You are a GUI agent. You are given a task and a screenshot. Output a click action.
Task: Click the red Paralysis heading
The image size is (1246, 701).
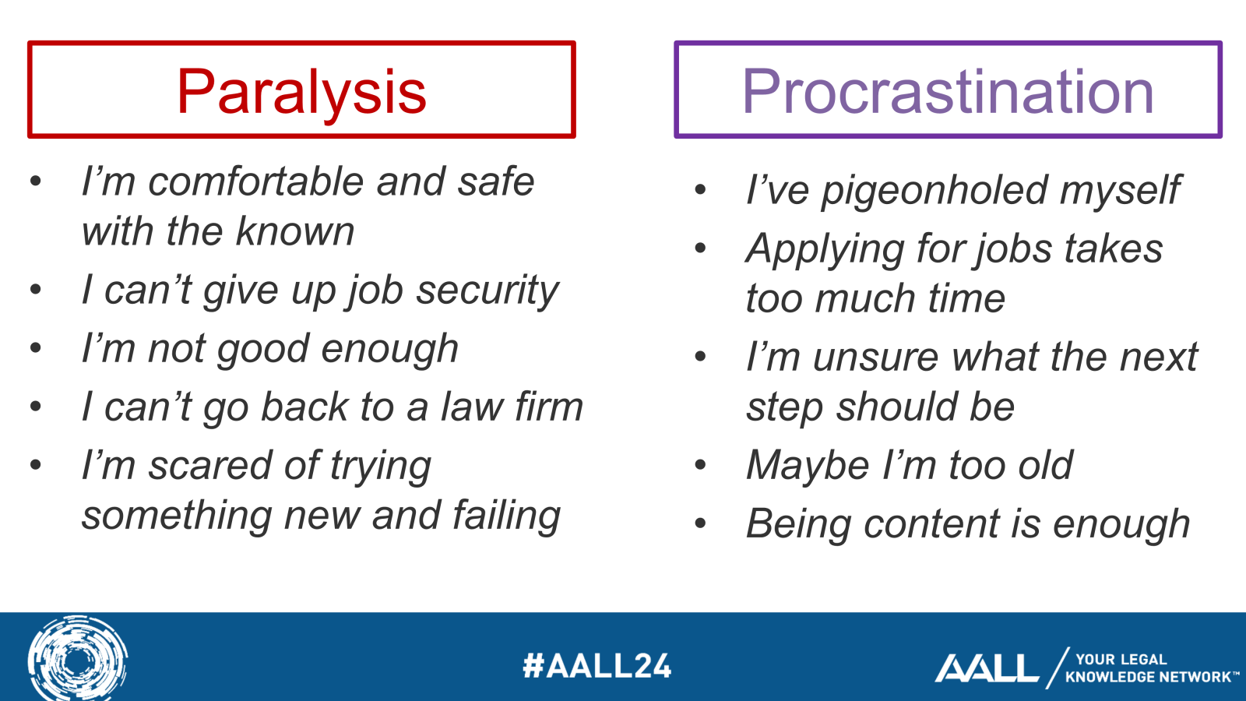pyautogui.click(x=301, y=92)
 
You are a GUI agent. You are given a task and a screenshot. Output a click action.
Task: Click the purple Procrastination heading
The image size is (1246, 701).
pyautogui.click(x=948, y=92)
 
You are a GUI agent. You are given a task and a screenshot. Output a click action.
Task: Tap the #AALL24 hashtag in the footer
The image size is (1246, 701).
pyautogui.click(x=597, y=666)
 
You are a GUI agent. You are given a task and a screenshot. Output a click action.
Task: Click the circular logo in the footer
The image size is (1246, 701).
pyautogui.click(x=78, y=659)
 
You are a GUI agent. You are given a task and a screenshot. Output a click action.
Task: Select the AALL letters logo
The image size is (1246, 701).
pyautogui.click(x=986, y=668)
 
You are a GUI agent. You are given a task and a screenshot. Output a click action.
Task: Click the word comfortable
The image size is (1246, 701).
pyautogui.click(x=256, y=182)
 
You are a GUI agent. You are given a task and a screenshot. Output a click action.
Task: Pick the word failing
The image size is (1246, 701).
pyautogui.click(x=506, y=516)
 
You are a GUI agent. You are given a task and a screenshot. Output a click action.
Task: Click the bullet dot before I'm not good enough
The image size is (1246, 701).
pyautogui.click(x=36, y=348)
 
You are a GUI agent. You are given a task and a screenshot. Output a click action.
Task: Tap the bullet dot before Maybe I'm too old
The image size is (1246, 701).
pyautogui.click(x=700, y=466)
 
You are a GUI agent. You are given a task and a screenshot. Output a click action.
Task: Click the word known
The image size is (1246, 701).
pyautogui.click(x=295, y=232)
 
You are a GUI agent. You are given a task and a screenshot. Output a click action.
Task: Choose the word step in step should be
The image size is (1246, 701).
pyautogui.click(x=785, y=408)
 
